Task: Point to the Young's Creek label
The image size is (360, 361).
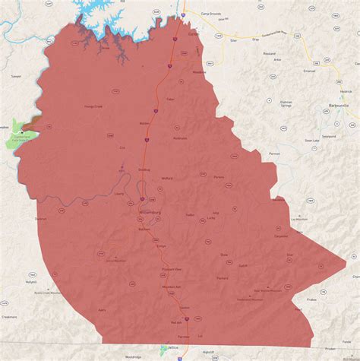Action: [98, 106]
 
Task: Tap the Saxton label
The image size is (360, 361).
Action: [185, 308]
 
